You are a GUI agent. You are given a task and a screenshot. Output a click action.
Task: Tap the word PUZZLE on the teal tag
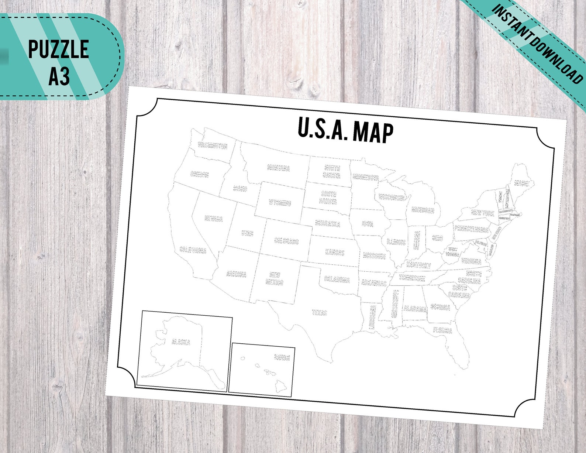click(x=59, y=49)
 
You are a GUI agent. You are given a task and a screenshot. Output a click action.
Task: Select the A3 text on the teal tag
click(x=59, y=76)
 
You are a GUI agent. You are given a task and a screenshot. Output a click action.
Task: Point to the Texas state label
click(x=320, y=312)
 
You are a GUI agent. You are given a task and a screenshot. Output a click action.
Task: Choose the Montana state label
click(x=279, y=168)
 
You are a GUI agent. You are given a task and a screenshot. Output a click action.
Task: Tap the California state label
click(x=193, y=250)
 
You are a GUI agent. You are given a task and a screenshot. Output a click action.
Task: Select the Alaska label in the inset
click(x=181, y=342)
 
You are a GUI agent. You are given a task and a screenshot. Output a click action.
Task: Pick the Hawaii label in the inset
click(x=282, y=357)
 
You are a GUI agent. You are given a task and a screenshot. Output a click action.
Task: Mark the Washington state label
click(x=213, y=145)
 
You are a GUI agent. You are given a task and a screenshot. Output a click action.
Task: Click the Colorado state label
click(x=286, y=241)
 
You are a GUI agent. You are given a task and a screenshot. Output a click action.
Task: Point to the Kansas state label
click(x=335, y=253)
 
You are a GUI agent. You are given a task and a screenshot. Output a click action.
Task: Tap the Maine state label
click(x=522, y=183)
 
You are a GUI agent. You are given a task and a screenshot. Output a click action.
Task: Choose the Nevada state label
click(x=214, y=219)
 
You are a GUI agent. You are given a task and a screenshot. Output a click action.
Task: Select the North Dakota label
click(x=332, y=172)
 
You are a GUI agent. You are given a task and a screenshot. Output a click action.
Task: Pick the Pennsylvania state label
click(x=471, y=229)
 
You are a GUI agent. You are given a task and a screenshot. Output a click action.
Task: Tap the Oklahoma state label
click(x=337, y=279)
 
